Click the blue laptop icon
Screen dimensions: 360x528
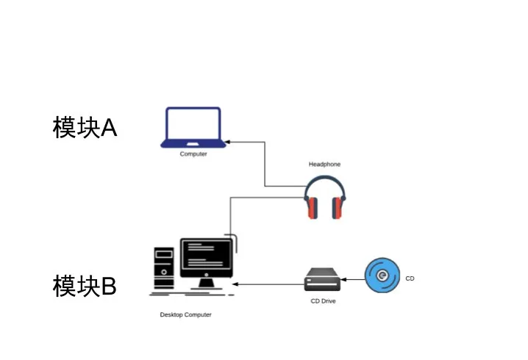193,126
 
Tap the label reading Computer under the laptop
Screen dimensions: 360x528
193,154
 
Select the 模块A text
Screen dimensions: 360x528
85,128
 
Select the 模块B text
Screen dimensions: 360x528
85,286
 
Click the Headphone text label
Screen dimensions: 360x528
324,165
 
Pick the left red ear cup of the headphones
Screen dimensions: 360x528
312,209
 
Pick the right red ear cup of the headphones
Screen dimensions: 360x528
338,209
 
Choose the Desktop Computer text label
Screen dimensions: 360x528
185,314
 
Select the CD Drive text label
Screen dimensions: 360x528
323,301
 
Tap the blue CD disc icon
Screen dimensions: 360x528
382,276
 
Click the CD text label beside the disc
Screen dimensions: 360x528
410,278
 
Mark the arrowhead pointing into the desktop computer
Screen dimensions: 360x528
235,284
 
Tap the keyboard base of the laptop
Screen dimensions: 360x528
193,145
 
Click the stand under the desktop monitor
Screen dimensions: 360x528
207,283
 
